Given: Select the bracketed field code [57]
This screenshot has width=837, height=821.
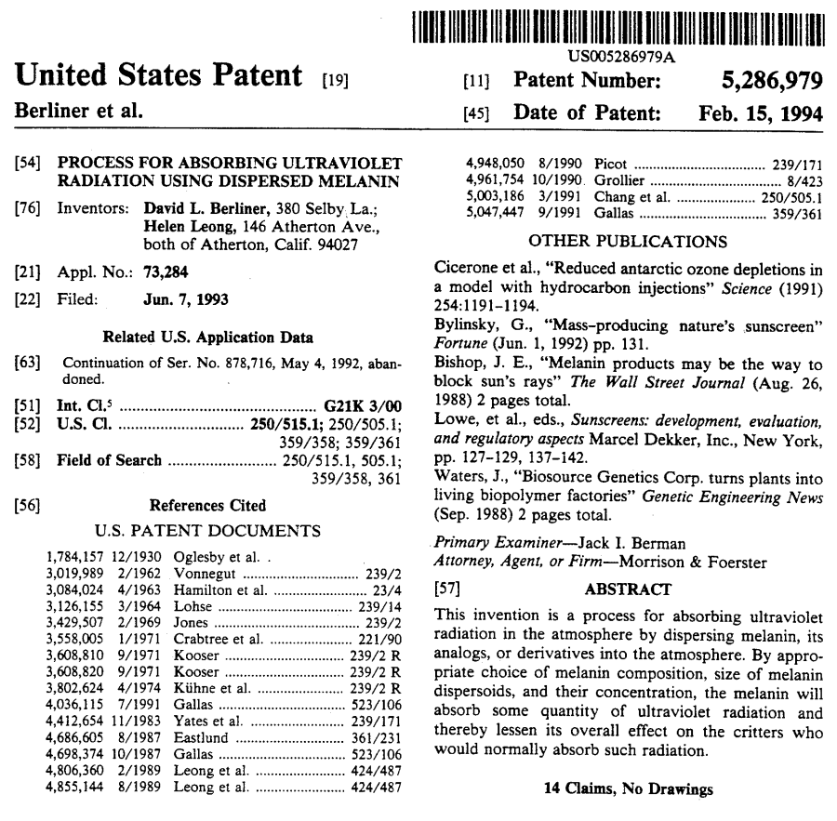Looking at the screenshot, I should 448,589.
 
